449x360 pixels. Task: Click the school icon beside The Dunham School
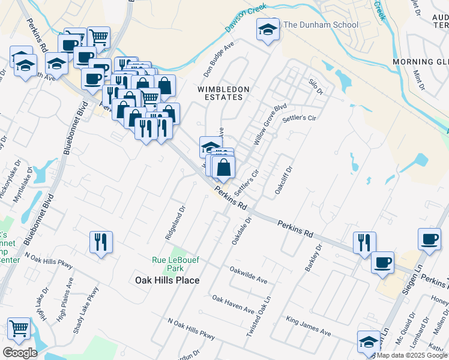tap(268, 29)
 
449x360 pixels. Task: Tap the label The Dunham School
tap(321, 25)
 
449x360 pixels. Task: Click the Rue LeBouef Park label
tap(175, 264)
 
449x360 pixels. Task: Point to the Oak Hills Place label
tap(167, 280)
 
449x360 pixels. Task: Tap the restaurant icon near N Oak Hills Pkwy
tap(100, 242)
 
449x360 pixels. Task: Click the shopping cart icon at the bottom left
tap(19, 328)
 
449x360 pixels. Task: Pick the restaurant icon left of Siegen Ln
tap(364, 242)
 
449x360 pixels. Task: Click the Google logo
tap(19, 353)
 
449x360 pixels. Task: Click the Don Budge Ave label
tap(218, 60)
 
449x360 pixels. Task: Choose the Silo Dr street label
tap(316, 88)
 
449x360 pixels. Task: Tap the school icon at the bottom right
tap(368, 341)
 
